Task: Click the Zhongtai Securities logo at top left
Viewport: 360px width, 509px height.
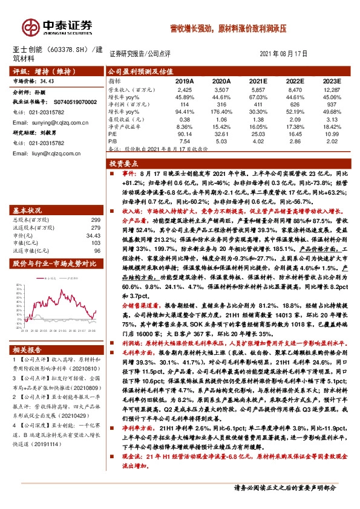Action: [57, 25]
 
